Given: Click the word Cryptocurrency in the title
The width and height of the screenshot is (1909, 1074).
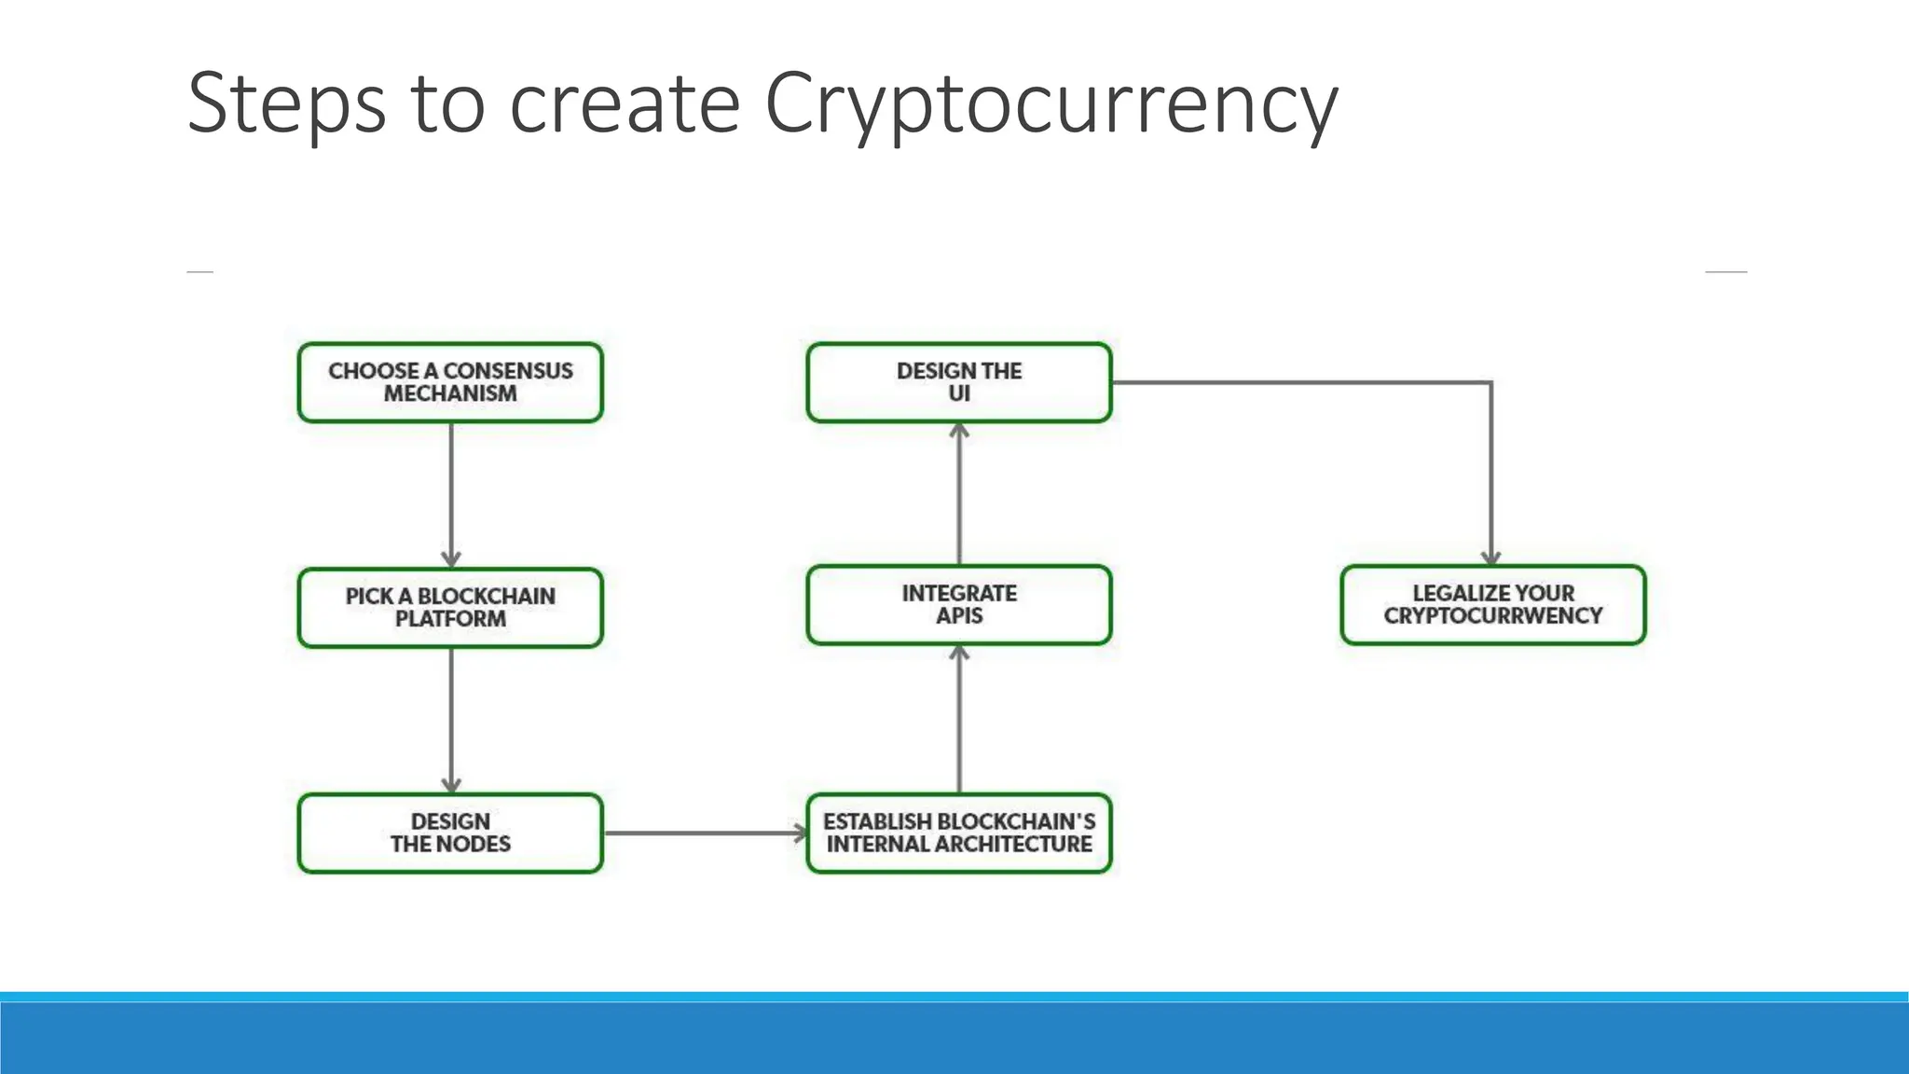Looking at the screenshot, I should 1051,104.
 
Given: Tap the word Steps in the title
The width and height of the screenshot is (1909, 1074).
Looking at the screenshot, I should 286,104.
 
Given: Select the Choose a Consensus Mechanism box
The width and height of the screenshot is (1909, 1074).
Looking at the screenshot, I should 450,382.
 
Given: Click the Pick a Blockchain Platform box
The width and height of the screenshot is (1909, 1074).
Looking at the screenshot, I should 450,607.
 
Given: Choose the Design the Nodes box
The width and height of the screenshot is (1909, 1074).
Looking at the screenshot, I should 450,833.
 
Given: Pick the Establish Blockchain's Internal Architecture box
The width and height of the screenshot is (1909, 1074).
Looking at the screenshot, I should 958,833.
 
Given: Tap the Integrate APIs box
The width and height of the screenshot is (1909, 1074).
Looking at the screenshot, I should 958,604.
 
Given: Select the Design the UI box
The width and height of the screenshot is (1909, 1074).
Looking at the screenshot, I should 958,382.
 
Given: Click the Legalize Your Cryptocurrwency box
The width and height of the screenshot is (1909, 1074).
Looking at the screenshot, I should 1492,604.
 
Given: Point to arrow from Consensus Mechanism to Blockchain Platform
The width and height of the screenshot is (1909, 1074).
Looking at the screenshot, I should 451,494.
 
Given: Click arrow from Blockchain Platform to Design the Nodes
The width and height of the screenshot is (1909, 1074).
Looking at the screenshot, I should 451,720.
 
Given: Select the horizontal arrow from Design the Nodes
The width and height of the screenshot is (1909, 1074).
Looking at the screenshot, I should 704,833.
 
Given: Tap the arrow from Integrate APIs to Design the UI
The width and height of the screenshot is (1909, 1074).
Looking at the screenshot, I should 959,494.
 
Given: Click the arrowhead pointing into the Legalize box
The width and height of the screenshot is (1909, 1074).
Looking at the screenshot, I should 1491,558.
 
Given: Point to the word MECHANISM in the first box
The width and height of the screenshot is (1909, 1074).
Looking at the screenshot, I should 450,393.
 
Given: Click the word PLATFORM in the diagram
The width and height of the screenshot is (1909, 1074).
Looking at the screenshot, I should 450,619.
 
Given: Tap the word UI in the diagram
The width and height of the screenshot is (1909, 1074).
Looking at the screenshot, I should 959,393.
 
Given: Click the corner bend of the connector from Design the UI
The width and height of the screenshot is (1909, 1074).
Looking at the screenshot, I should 1491,382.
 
